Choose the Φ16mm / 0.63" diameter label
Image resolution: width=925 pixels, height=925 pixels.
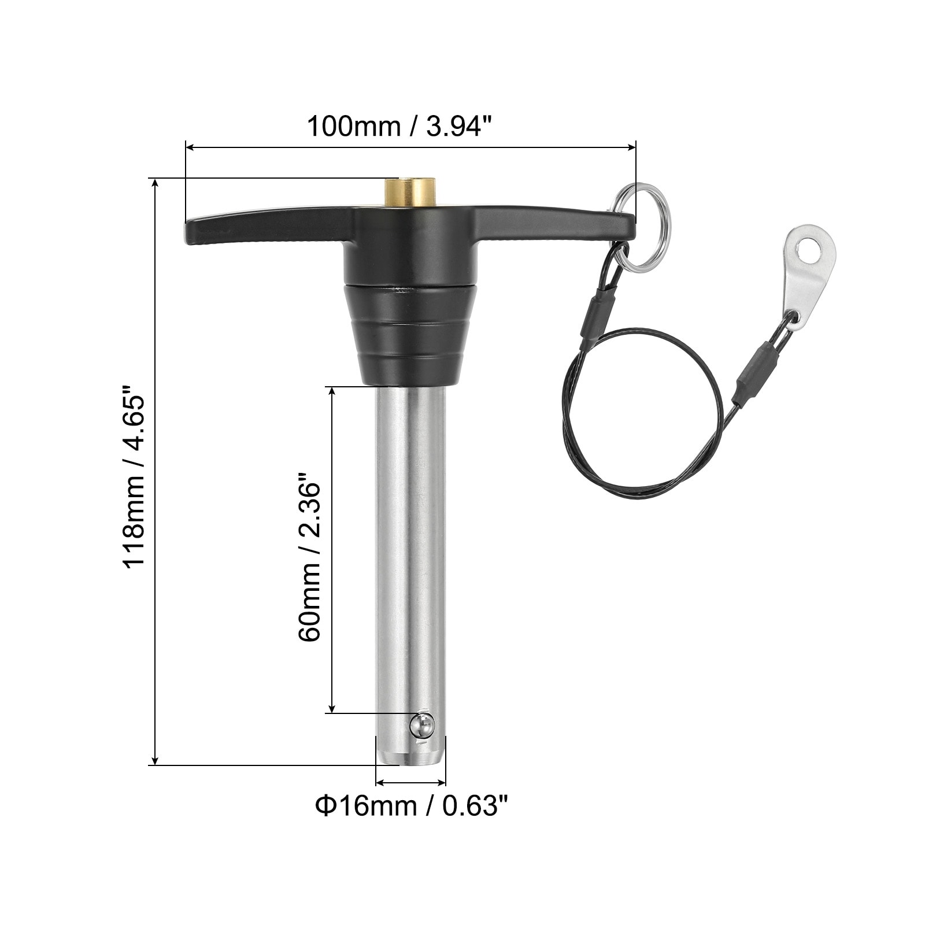pos(412,805)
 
